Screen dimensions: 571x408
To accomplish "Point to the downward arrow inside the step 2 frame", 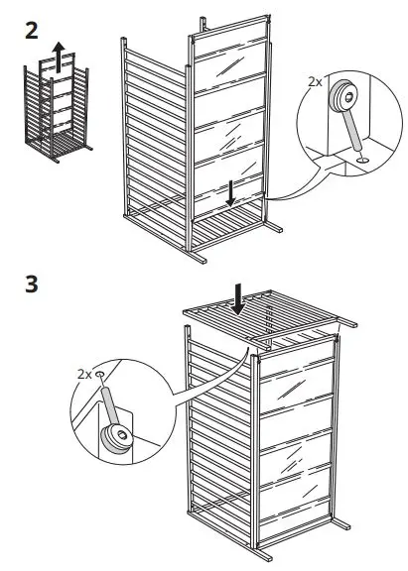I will click(x=230, y=194).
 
